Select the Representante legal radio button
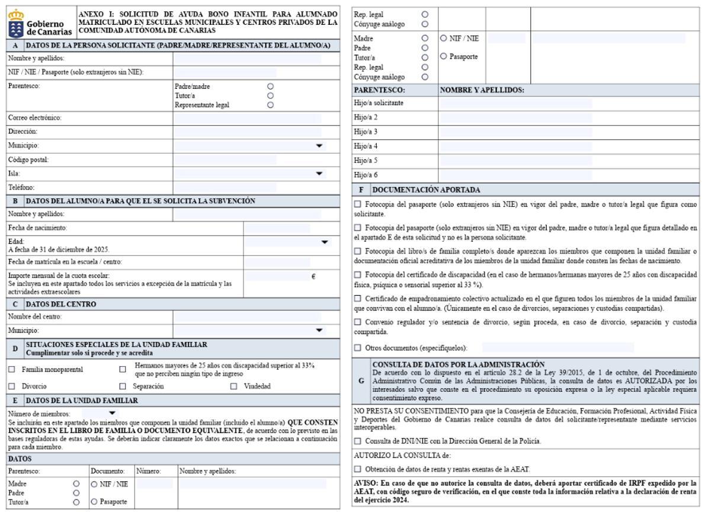[270, 105]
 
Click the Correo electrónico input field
[247, 118]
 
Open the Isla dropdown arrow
[320, 174]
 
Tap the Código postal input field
[225, 160]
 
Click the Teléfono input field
[225, 188]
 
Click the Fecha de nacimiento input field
[278, 228]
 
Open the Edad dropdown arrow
[324, 242]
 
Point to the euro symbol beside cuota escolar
[313, 276]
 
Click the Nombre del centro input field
[247, 316]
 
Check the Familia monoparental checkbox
[12, 369]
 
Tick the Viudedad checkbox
[233, 386]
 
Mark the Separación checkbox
[123, 386]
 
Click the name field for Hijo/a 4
[515, 146]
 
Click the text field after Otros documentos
[558, 347]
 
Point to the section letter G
[361, 381]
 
